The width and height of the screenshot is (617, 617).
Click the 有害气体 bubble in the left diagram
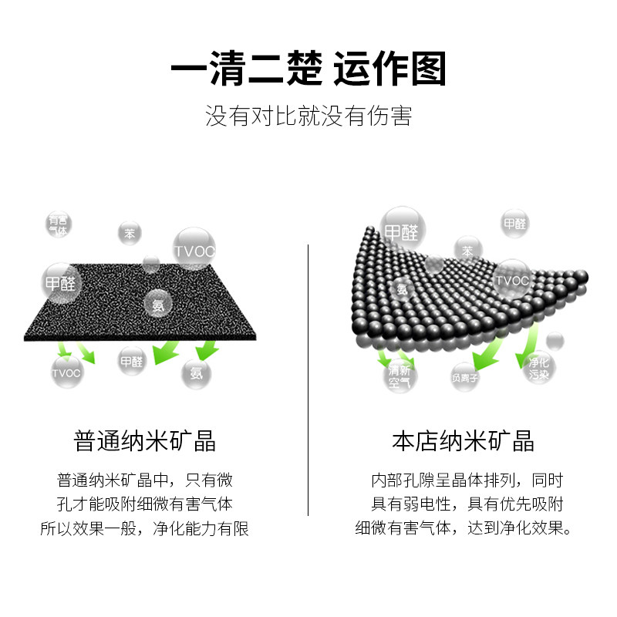(58, 224)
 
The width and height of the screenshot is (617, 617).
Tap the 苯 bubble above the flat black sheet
(129, 233)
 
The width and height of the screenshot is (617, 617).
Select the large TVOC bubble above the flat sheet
(193, 249)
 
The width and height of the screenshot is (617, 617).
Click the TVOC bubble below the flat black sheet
(66, 373)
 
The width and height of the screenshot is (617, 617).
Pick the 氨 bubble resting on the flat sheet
(158, 305)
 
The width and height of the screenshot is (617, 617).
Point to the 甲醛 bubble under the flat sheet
(132, 360)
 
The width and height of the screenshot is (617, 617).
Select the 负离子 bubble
(466, 377)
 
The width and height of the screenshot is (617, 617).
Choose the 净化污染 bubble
(538, 369)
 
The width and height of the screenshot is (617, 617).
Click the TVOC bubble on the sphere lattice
(512, 279)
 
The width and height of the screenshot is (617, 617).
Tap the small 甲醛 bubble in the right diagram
(514, 224)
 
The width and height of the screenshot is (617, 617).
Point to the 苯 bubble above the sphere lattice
(467, 251)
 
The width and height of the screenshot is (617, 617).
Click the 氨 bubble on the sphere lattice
(402, 289)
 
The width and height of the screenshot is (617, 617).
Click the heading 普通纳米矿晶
(145, 441)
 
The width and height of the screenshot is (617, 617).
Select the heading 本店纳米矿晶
(463, 441)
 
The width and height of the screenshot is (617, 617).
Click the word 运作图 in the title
(389, 71)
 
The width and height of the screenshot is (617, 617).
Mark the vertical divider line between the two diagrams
(308, 378)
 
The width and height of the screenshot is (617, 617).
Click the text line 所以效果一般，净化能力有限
(145, 529)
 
